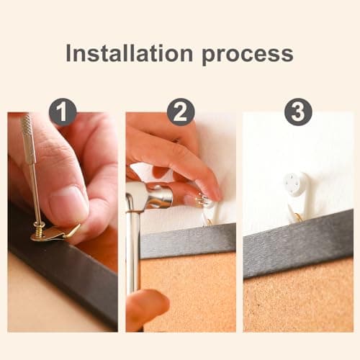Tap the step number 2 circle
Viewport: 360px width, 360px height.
point(181,112)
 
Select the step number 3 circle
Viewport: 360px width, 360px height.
point(297,112)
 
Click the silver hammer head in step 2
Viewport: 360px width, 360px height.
point(148,196)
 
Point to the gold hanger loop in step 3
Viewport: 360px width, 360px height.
point(297,216)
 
